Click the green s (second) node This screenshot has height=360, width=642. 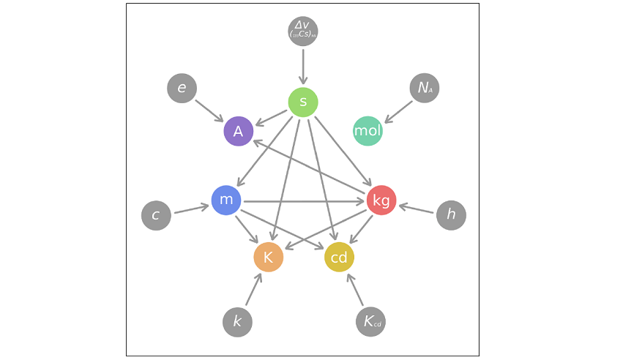pyautogui.click(x=303, y=102)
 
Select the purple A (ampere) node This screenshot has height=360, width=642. pyautogui.click(x=239, y=132)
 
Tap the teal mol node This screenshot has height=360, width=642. pyautogui.click(x=367, y=131)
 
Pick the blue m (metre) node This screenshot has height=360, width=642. pyautogui.click(x=226, y=200)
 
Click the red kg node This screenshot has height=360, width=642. pyautogui.click(x=381, y=200)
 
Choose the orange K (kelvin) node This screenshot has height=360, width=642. pyautogui.click(x=268, y=257)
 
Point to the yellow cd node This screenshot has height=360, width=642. pyautogui.click(x=339, y=257)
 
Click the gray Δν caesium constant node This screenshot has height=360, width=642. pyautogui.click(x=303, y=31)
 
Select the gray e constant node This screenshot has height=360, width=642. pyautogui.click(x=182, y=89)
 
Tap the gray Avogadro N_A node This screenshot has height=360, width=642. pyautogui.click(x=425, y=89)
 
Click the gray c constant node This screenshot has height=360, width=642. pyautogui.click(x=156, y=216)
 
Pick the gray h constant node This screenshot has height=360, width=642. pyautogui.click(x=451, y=215)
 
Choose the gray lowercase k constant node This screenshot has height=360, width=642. pyautogui.click(x=237, y=322)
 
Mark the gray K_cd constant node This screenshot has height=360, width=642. pyautogui.click(x=370, y=322)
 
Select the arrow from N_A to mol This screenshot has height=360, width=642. pyautogui.click(x=399, y=111)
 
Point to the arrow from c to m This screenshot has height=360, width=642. pyautogui.click(x=191, y=208)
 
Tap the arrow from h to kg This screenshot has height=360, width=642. pyautogui.click(x=417, y=208)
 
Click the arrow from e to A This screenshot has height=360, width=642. pyautogui.click(x=209, y=110)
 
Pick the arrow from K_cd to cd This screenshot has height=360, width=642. pyautogui.click(x=355, y=290)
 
